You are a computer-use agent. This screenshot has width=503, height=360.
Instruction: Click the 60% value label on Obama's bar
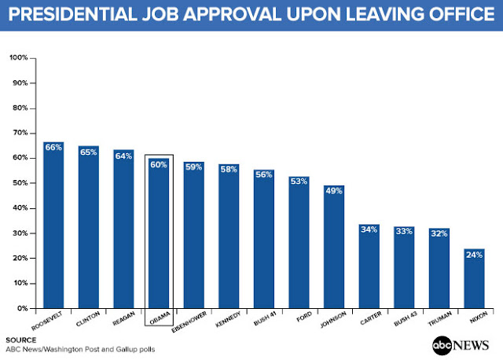pyautogui.click(x=159, y=164)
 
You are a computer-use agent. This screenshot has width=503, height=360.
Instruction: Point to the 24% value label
pyautogui.click(x=474, y=255)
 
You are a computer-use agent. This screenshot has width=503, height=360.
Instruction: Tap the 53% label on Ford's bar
pyautogui.click(x=299, y=182)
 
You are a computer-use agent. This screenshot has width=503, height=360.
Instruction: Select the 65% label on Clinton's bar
pyautogui.click(x=88, y=151)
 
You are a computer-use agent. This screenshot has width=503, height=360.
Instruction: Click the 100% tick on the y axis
pyautogui.click(x=18, y=58)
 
